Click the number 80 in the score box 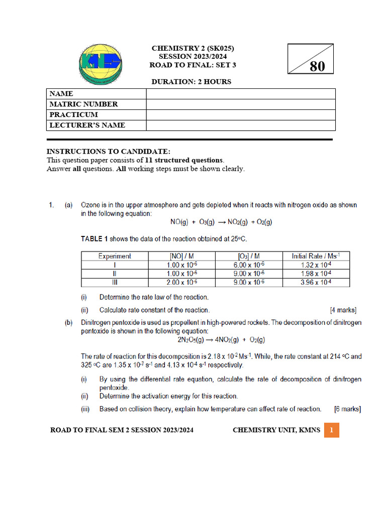tap(317, 66)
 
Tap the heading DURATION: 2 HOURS tap(191, 82)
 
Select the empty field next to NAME tap(241, 94)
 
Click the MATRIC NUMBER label tap(83, 104)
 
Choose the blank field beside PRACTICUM tap(241, 115)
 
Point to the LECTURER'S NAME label tap(87, 125)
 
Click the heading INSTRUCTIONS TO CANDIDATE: tap(108, 152)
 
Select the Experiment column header tap(115, 256)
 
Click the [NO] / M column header tap(182, 256)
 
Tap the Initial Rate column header tap(316, 256)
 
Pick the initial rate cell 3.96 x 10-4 tap(316, 283)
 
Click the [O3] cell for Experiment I tap(248, 265)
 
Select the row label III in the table tap(115, 283)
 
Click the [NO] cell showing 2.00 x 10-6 tap(182, 283)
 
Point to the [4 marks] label tap(343, 310)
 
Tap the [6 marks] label tap(347, 409)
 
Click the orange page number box tap(332, 430)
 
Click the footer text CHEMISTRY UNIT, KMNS tap(276, 430)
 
